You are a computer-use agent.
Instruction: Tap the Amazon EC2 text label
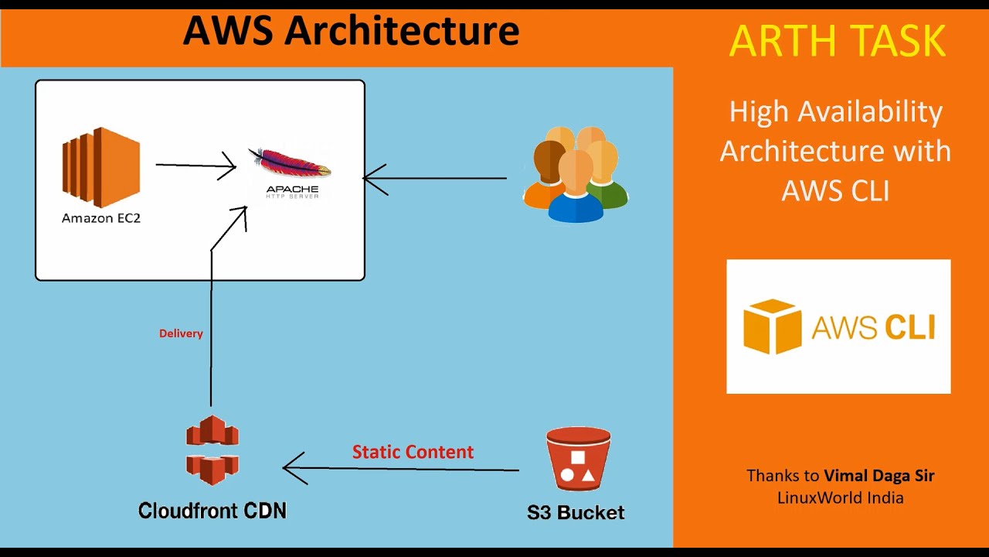tap(101, 218)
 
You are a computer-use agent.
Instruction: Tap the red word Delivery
tap(181, 333)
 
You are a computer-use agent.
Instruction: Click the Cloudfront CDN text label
tap(212, 511)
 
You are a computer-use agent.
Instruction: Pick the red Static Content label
tap(413, 452)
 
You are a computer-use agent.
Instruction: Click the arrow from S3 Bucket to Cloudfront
tap(402, 468)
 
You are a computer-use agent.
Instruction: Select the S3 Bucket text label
tap(576, 512)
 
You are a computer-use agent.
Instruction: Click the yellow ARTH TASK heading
tap(838, 41)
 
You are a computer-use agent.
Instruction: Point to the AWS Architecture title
tap(351, 31)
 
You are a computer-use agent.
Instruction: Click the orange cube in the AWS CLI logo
tap(772, 326)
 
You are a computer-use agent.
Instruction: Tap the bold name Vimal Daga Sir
tap(879, 476)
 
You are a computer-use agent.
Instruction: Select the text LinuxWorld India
tap(840, 497)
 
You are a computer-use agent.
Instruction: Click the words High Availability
tap(835, 112)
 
